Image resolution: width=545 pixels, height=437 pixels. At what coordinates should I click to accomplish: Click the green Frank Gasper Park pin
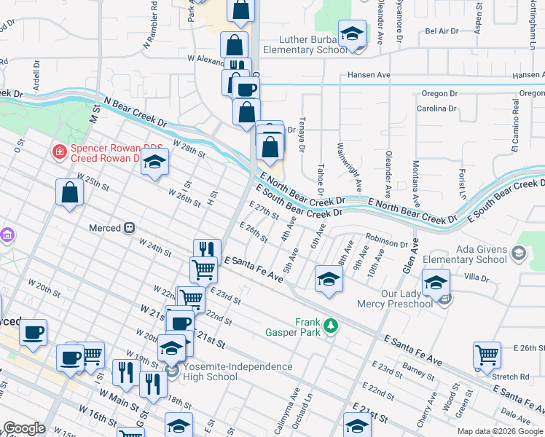(x=332, y=326)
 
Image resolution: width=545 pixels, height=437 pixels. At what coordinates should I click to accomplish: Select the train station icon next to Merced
(x=130, y=228)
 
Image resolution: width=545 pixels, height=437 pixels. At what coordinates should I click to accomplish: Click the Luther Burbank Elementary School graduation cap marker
(x=353, y=34)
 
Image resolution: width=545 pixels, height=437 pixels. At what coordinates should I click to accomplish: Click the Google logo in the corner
(x=24, y=428)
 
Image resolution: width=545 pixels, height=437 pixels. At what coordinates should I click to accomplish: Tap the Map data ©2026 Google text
(x=500, y=431)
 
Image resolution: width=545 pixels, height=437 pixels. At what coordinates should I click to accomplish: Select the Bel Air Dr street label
(x=442, y=31)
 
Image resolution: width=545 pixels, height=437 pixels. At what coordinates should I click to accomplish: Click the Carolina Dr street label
(x=436, y=109)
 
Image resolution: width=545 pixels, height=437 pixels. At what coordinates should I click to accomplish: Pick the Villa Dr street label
(x=477, y=277)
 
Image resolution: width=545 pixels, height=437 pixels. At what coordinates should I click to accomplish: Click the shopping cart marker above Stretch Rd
(x=487, y=355)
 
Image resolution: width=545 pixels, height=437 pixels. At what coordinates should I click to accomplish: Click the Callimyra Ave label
(x=294, y=415)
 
